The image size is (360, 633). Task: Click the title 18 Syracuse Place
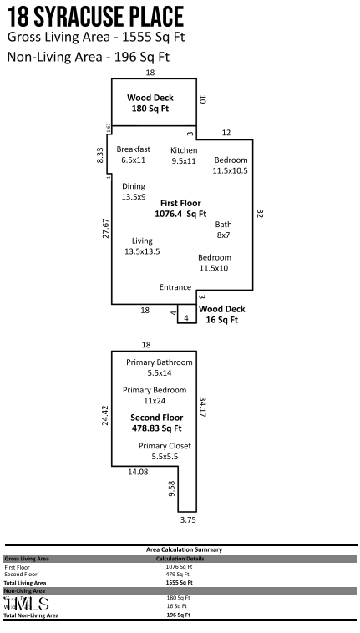click(x=95, y=16)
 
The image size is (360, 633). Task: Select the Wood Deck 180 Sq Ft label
click(x=150, y=103)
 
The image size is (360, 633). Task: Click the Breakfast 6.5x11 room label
click(x=134, y=154)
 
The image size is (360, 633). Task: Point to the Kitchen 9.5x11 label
click(x=184, y=155)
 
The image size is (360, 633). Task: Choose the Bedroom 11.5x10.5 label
click(x=231, y=165)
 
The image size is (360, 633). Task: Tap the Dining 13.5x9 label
click(x=134, y=191)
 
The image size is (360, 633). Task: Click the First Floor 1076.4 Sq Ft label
click(x=180, y=208)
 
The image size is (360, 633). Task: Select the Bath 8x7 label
click(x=223, y=230)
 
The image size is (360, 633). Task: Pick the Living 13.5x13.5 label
click(x=142, y=246)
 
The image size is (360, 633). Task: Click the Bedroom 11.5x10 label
click(x=214, y=262)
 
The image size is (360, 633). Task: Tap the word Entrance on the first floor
click(x=175, y=287)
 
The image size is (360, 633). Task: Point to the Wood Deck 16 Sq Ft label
click(x=221, y=314)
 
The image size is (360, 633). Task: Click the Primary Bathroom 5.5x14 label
click(x=160, y=367)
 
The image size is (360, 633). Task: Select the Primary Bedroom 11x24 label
click(x=155, y=396)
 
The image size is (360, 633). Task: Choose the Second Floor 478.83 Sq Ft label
click(x=157, y=422)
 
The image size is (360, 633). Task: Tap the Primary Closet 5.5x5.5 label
click(x=159, y=451)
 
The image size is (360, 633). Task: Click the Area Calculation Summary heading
click(x=185, y=549)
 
